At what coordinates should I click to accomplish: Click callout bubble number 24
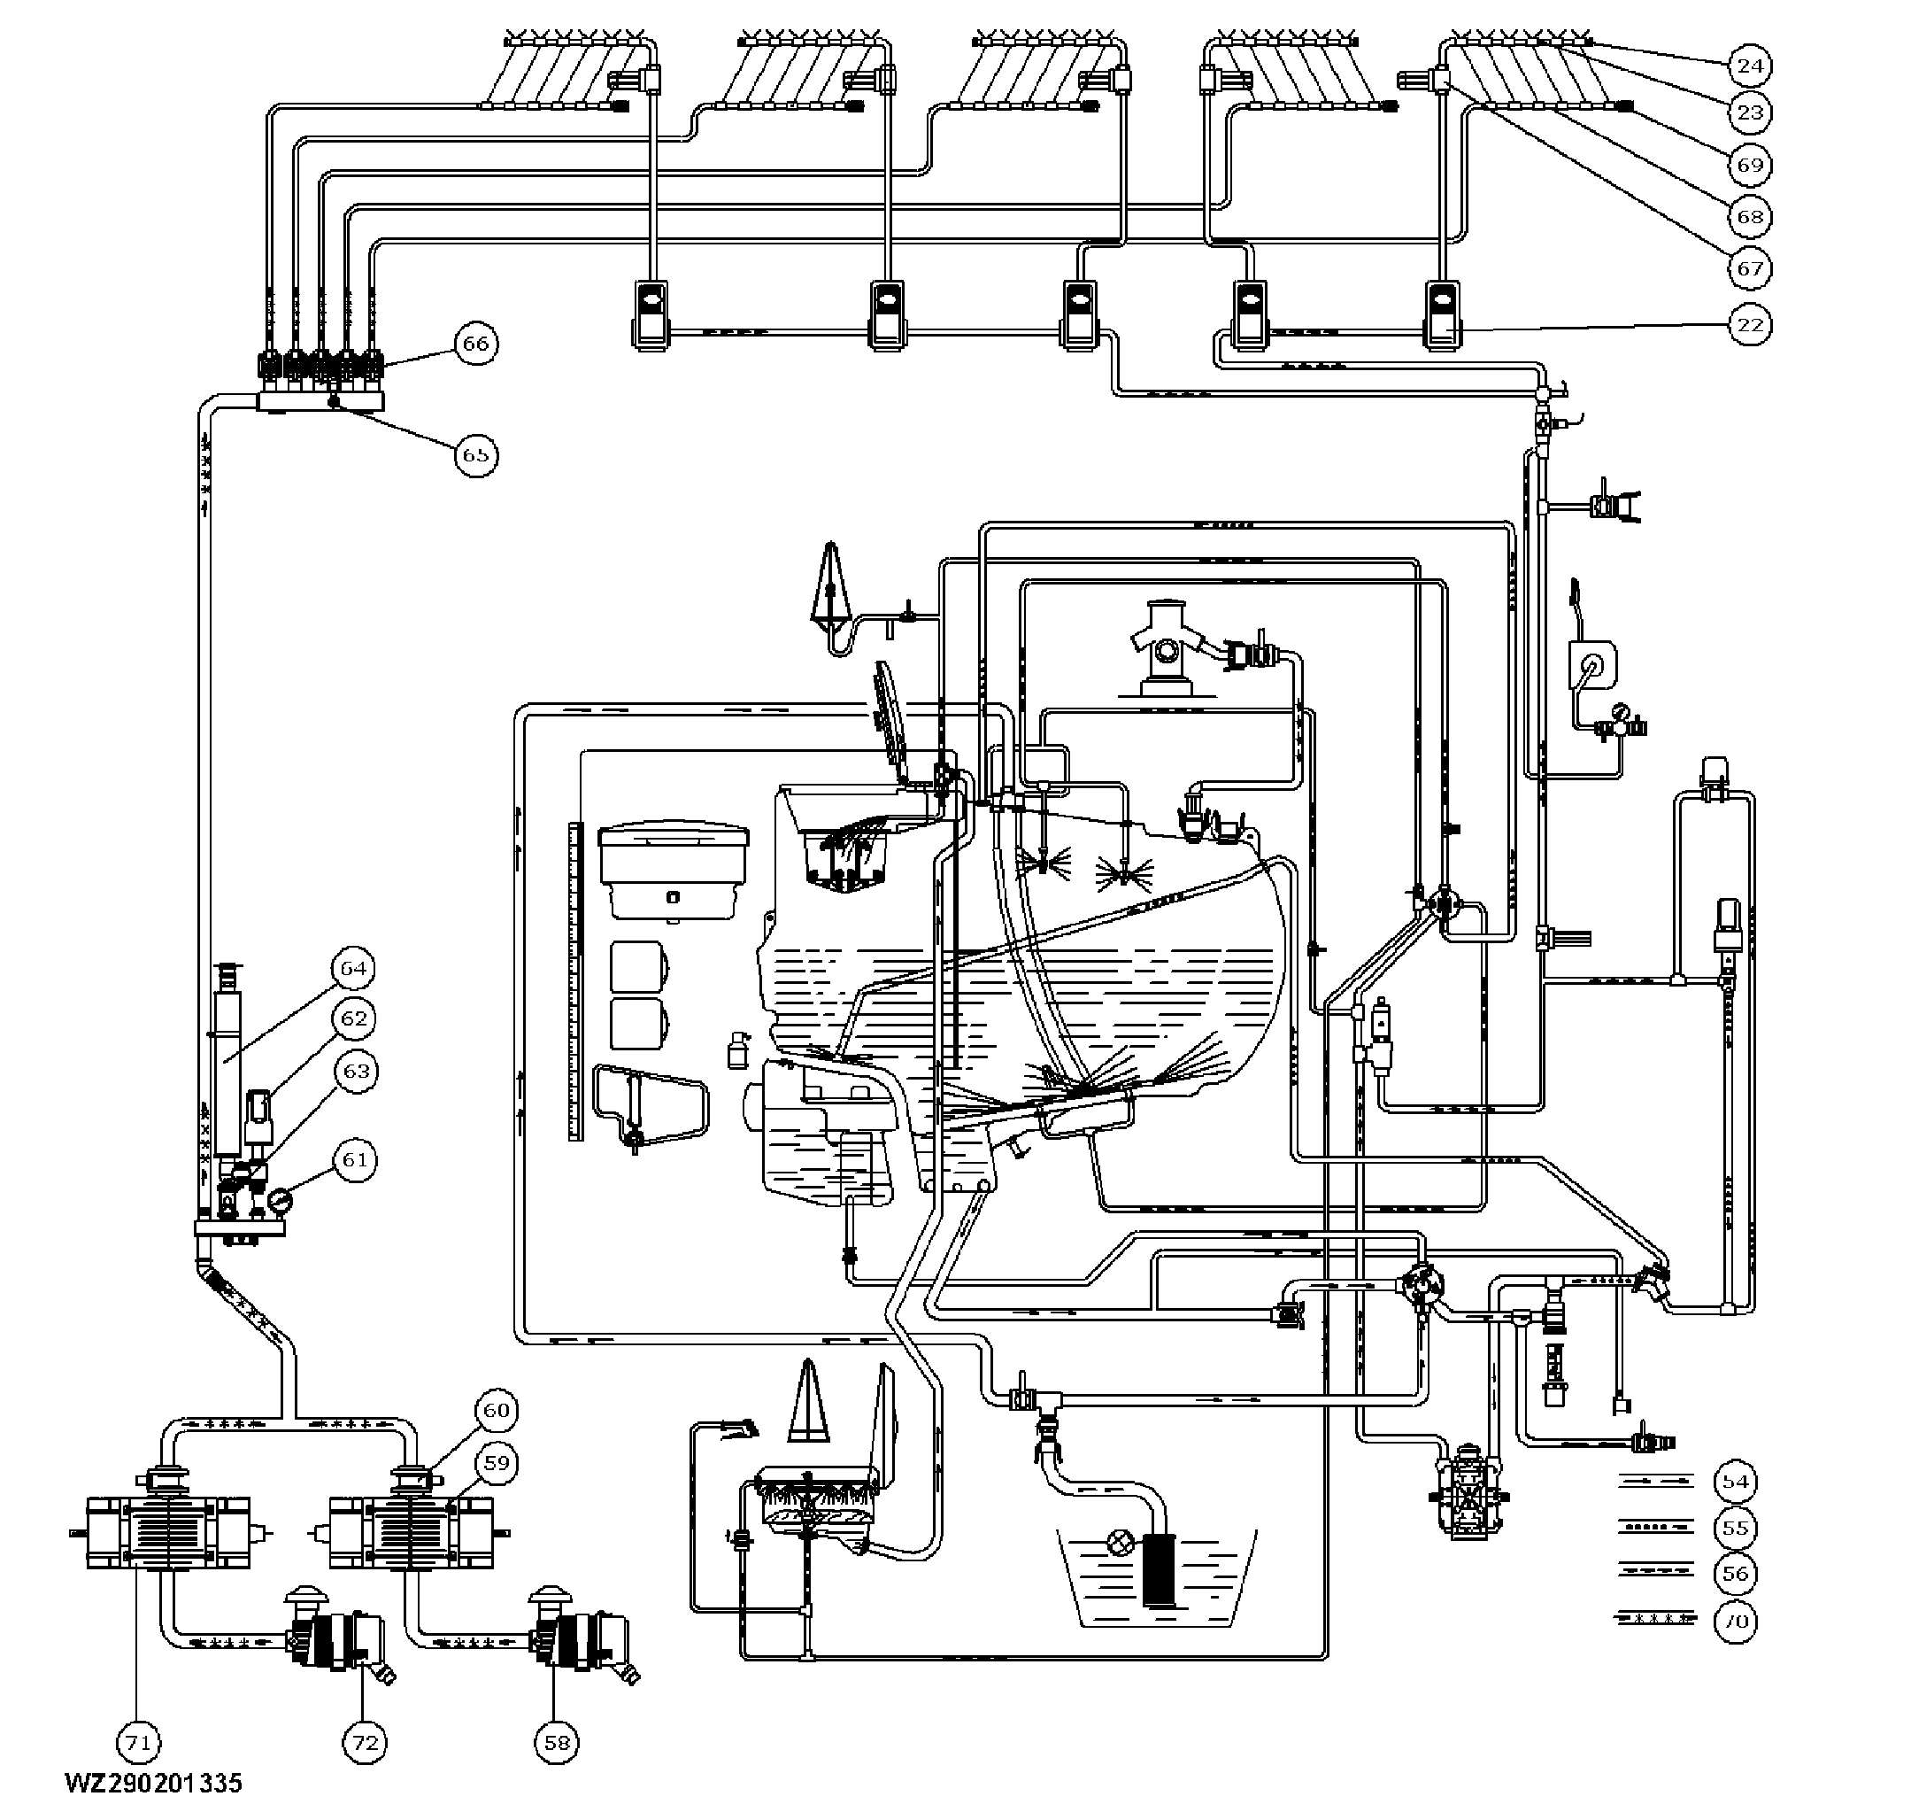click(x=1750, y=66)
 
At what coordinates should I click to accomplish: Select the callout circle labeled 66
click(x=476, y=344)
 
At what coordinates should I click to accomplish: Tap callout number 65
click(x=476, y=454)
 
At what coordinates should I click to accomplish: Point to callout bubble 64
click(x=354, y=968)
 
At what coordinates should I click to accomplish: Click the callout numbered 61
click(x=355, y=1160)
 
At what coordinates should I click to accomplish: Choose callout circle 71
click(x=137, y=1743)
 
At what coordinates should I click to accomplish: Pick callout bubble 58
click(x=558, y=1743)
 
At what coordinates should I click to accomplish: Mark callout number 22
click(x=1750, y=324)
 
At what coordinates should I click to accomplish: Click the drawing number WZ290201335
click(x=154, y=1783)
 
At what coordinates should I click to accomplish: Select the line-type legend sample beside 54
click(x=1656, y=1482)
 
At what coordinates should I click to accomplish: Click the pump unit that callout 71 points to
click(x=168, y=1533)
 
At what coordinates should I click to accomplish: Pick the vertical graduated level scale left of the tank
click(x=576, y=982)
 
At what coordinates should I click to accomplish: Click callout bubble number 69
click(x=1750, y=165)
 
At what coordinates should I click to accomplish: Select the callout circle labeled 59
click(x=496, y=1464)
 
